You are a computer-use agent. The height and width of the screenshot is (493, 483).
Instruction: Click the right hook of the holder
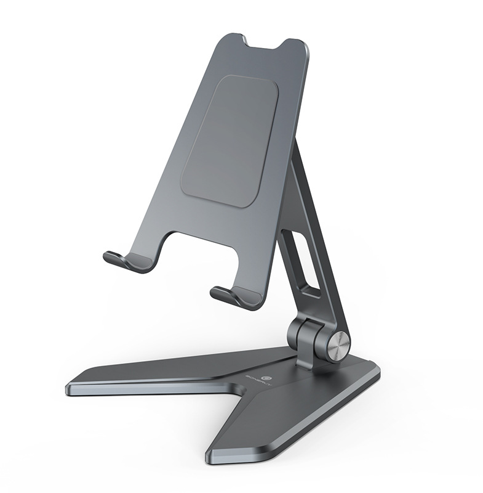pos(231,295)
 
